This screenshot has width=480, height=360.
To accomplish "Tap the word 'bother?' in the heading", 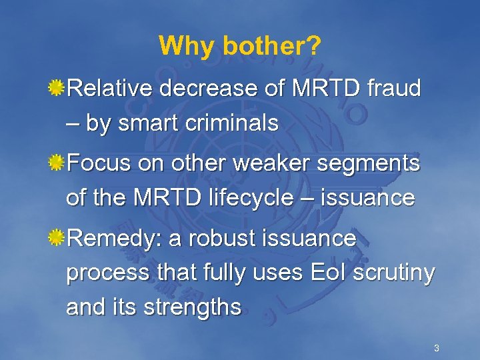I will tap(272, 46).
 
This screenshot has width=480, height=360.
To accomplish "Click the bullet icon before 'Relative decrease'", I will tap(58, 88).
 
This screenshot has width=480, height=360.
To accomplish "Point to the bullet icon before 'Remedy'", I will tap(58, 238).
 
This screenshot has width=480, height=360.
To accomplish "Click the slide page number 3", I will tap(436, 348).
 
